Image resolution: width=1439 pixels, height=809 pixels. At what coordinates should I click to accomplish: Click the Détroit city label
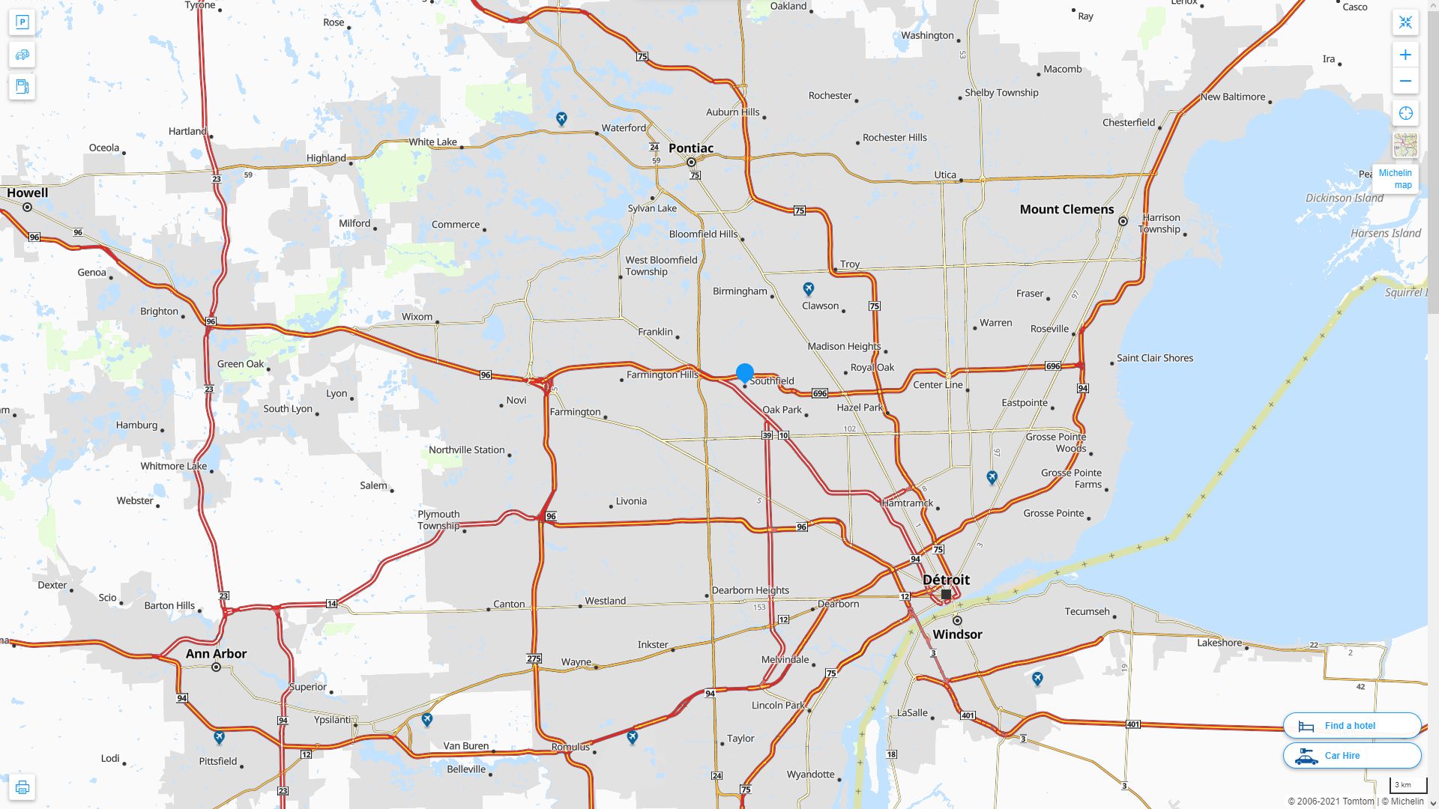coord(946,580)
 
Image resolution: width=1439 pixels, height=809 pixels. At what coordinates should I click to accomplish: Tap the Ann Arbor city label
coord(216,653)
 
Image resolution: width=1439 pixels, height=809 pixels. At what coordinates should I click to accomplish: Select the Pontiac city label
coord(691,148)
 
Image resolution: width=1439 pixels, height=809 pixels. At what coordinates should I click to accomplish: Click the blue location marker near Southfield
coord(745,372)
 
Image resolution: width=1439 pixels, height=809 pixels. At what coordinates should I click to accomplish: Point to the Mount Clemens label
coord(1067,209)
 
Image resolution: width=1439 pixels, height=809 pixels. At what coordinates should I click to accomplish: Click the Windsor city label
coord(957,634)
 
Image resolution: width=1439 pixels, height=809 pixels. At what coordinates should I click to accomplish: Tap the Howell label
coord(28,193)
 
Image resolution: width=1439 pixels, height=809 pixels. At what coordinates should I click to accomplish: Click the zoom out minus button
coord(1405,81)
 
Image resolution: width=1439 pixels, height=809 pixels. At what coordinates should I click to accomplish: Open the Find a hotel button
coord(1351,725)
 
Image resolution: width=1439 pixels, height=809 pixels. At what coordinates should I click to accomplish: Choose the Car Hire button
coord(1351,755)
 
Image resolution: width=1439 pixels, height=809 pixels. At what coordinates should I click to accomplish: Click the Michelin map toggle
coord(1396,178)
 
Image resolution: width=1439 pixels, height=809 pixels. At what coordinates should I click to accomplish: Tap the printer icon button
coord(22,787)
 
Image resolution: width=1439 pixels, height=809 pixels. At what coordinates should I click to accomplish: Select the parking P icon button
coord(22,22)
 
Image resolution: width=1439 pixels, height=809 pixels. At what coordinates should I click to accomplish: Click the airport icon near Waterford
coord(561,118)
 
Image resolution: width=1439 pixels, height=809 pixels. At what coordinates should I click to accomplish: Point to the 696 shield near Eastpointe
coord(1053,366)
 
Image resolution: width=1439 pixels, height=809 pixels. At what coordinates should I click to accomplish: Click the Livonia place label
coord(631,501)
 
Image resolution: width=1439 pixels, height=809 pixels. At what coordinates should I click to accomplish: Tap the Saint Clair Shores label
coord(1155,358)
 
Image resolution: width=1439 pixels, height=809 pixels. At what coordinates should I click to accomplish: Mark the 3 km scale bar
coord(1408,786)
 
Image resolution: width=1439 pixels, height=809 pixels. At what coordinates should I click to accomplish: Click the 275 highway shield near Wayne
coord(534,658)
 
